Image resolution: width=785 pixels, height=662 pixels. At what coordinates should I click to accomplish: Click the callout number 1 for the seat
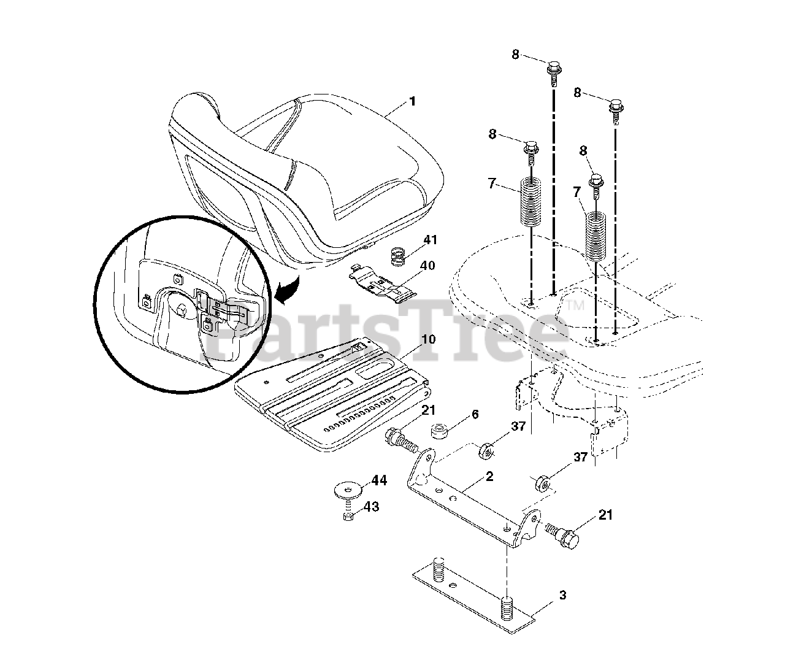(x=412, y=101)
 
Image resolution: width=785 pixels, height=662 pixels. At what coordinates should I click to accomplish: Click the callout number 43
(x=371, y=507)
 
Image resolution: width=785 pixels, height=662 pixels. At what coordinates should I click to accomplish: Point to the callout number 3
(x=562, y=595)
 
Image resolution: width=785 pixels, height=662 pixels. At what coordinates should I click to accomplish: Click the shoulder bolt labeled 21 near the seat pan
(x=399, y=441)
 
